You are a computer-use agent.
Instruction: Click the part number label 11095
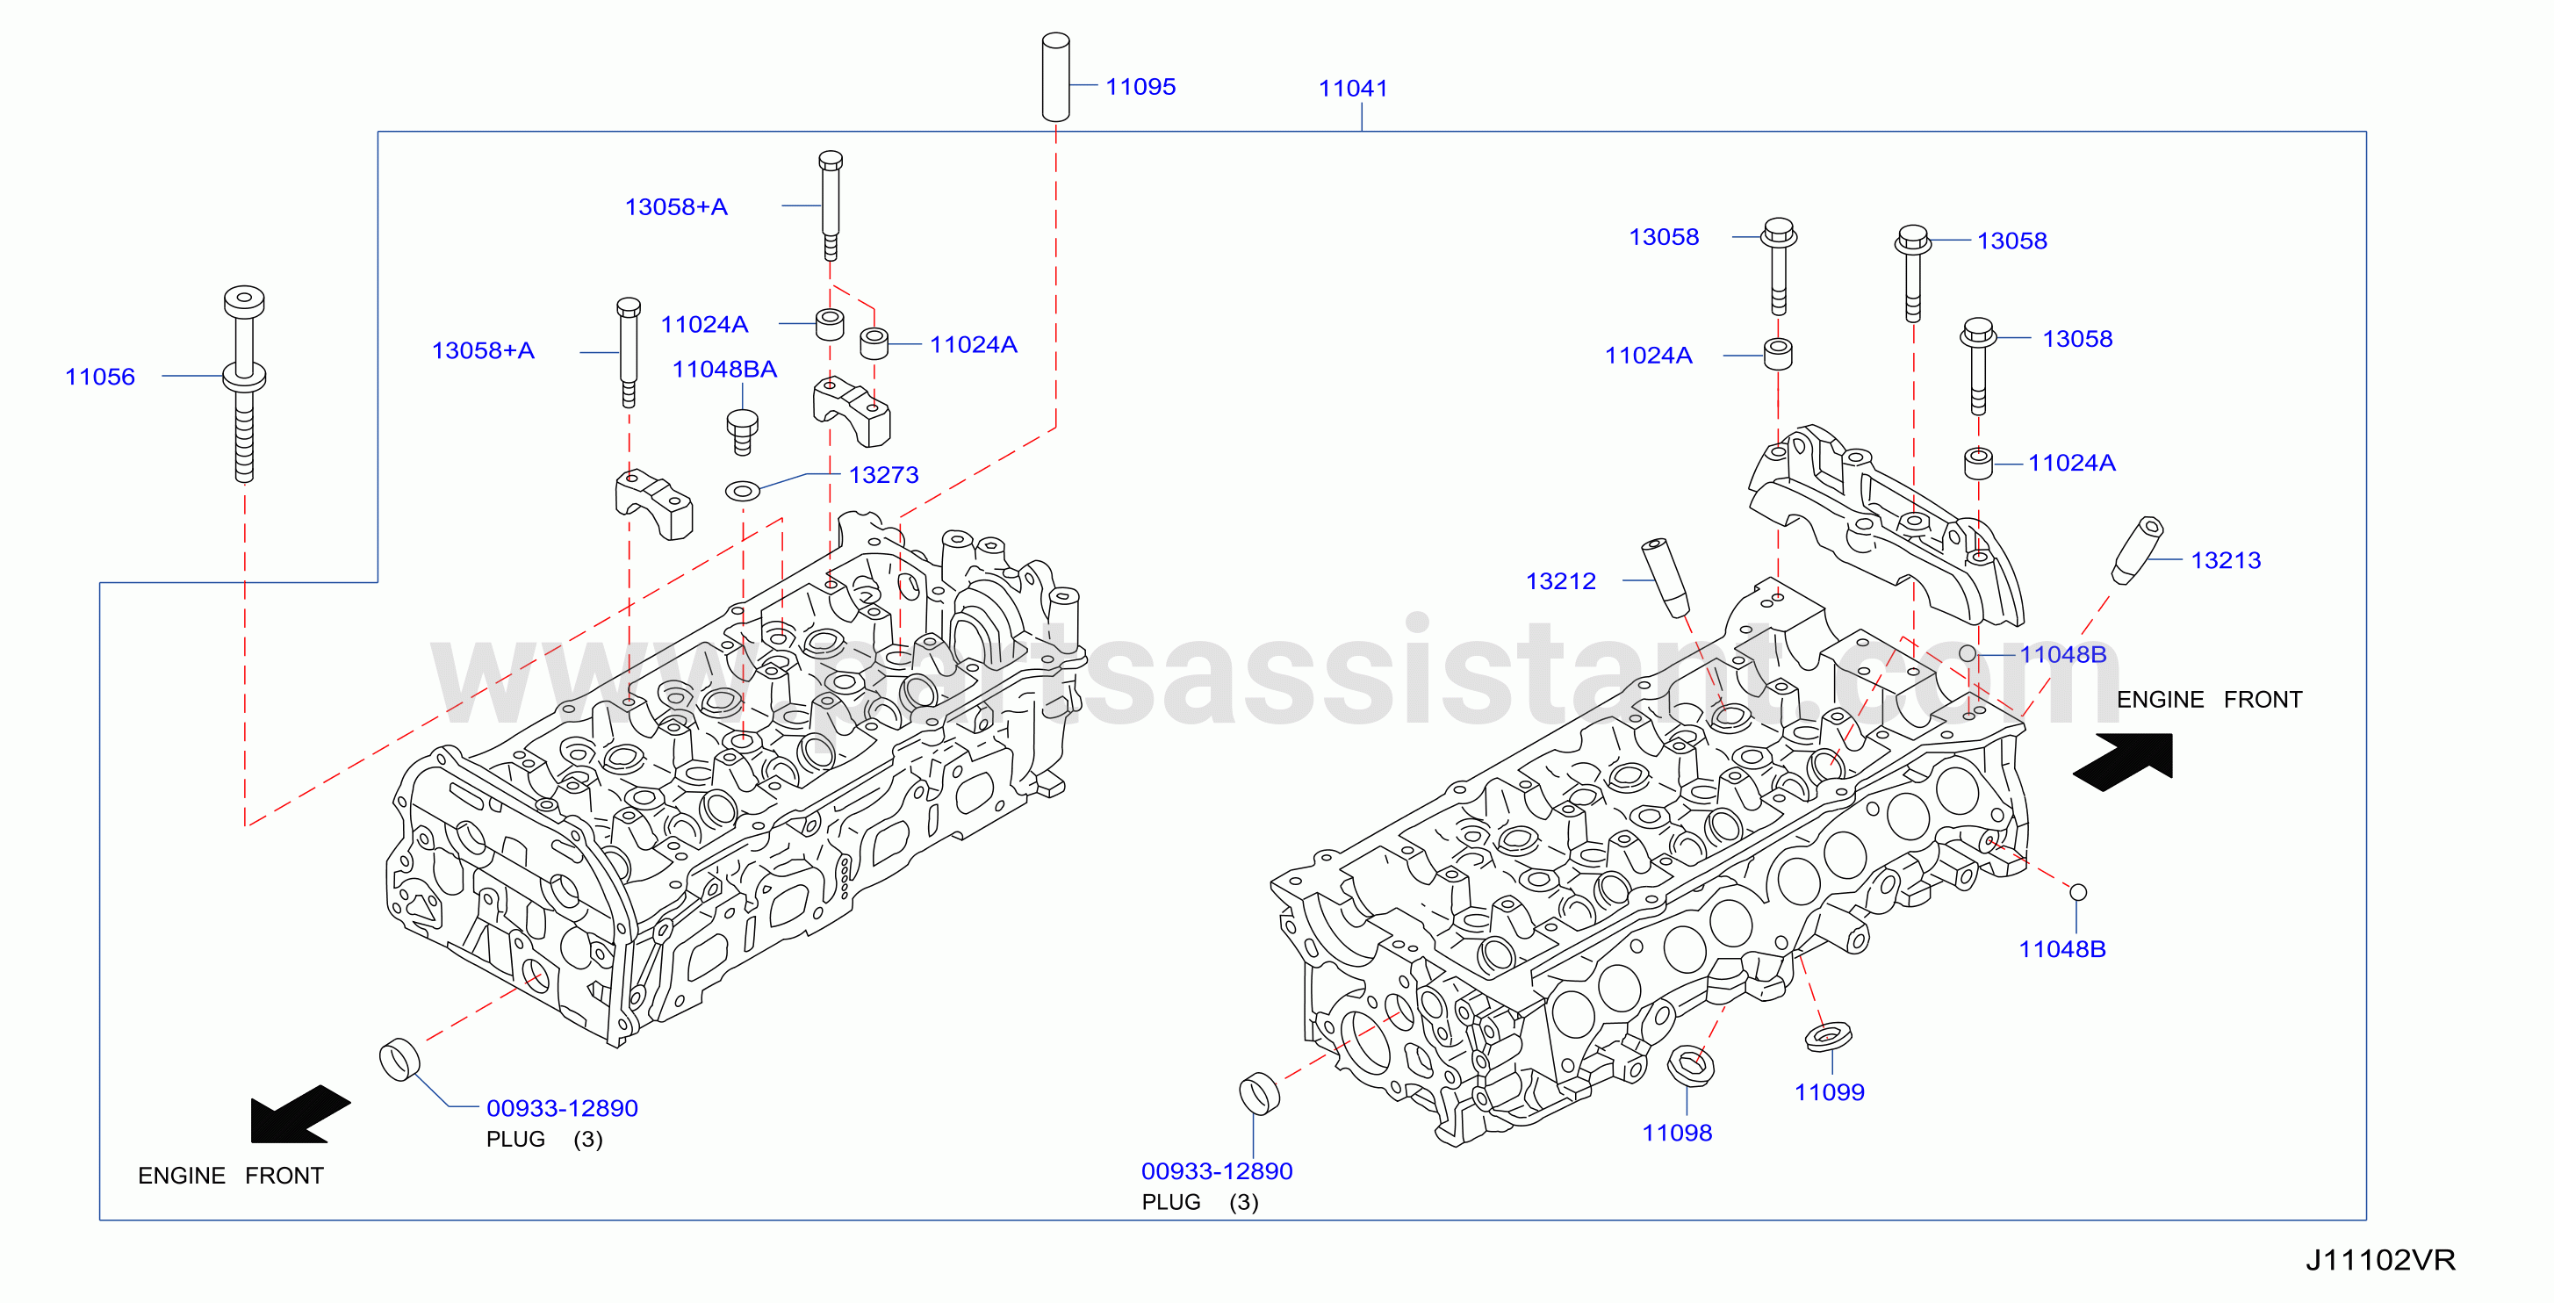1140,86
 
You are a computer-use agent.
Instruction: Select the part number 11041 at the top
1352,89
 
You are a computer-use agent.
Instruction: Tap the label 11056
99,377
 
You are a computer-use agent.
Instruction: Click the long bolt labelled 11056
244,384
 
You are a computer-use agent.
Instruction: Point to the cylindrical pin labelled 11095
1056,77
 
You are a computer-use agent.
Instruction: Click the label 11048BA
724,369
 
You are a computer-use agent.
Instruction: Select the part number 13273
883,475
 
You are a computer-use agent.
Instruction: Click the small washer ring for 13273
743,490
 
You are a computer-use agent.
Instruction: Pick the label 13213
2226,560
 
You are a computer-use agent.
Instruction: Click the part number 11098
1677,1133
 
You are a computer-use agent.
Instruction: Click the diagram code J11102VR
2379,1260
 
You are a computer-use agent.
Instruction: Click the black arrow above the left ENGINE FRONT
299,1114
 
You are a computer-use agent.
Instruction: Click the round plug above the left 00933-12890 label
399,1059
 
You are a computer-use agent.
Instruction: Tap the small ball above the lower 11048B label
2078,892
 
